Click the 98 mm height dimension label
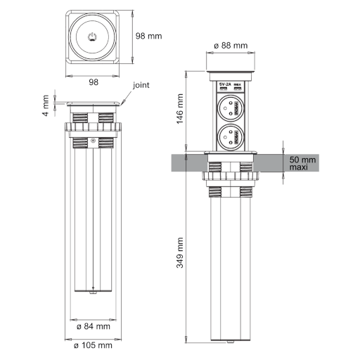pyautogui.click(x=148, y=36)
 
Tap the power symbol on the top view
pyautogui.click(x=93, y=37)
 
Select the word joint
pyautogui.click(x=141, y=85)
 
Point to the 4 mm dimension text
pyautogui.click(x=46, y=105)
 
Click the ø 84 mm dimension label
pyautogui.click(x=94, y=326)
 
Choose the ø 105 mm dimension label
pyautogui.click(x=93, y=345)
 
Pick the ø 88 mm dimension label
pyautogui.click(x=231, y=45)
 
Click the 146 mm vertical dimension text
pyautogui.click(x=180, y=109)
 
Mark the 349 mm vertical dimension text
pyautogui.click(x=180, y=253)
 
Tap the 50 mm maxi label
pyautogui.click(x=302, y=163)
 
